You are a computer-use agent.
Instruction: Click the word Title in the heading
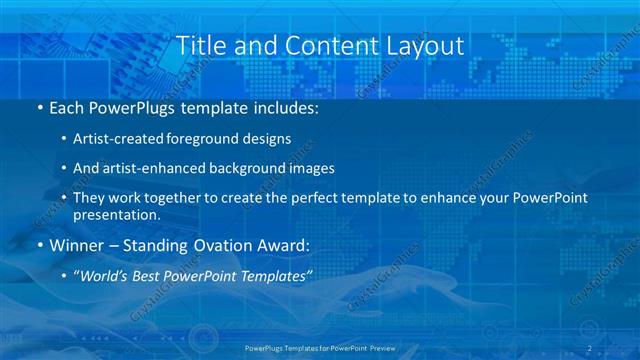point(201,46)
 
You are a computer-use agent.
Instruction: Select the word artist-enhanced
point(153,168)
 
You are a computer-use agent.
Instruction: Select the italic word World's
point(105,277)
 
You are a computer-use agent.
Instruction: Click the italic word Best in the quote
point(154,277)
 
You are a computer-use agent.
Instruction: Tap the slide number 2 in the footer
point(589,348)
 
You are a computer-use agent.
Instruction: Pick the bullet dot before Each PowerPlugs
point(39,107)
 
